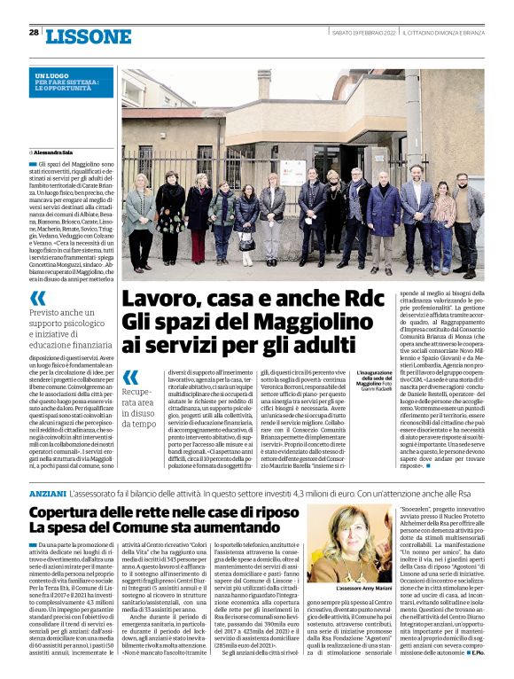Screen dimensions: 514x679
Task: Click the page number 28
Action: pos(34,32)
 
